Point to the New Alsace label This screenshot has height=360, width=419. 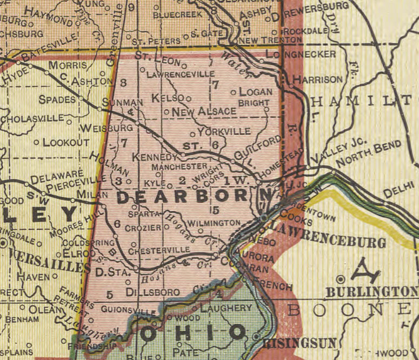point(204,111)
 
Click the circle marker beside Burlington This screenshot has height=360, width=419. point(341,279)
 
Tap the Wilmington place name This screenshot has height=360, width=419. point(214,223)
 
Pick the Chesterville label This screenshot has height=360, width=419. point(161,249)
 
